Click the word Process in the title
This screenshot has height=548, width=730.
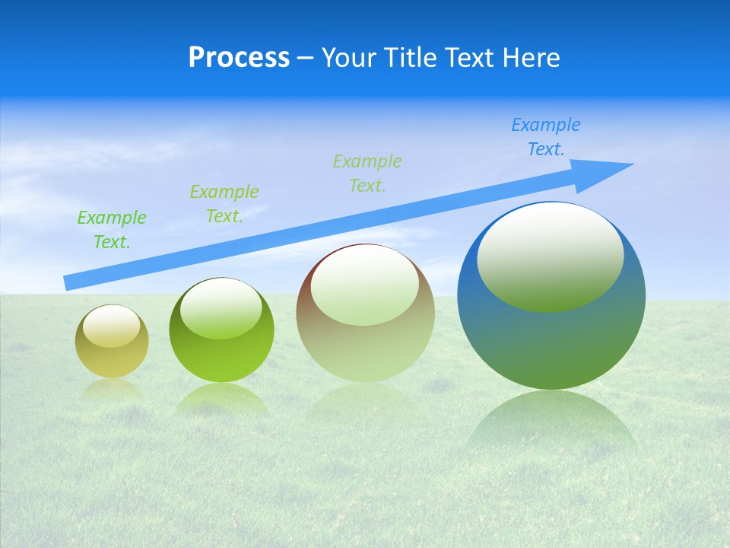[x=239, y=58]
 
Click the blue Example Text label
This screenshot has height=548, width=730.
[x=545, y=137]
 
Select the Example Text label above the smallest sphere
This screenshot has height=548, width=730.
[x=112, y=229]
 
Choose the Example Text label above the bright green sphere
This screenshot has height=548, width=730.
[x=224, y=204]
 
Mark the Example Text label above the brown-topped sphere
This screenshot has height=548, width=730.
[x=367, y=173]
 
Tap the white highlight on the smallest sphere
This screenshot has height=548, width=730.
[x=111, y=327]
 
